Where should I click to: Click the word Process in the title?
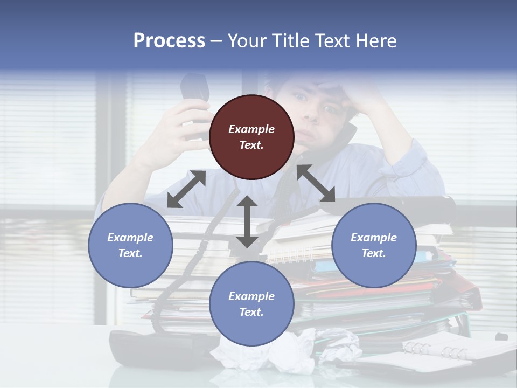169,41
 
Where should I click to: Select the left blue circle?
130,245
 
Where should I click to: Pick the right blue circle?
374,245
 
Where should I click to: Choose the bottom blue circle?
251,304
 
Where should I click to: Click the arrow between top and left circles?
186,189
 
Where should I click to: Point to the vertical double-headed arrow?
247,221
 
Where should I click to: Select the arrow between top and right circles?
316,183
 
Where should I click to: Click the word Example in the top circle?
251,129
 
